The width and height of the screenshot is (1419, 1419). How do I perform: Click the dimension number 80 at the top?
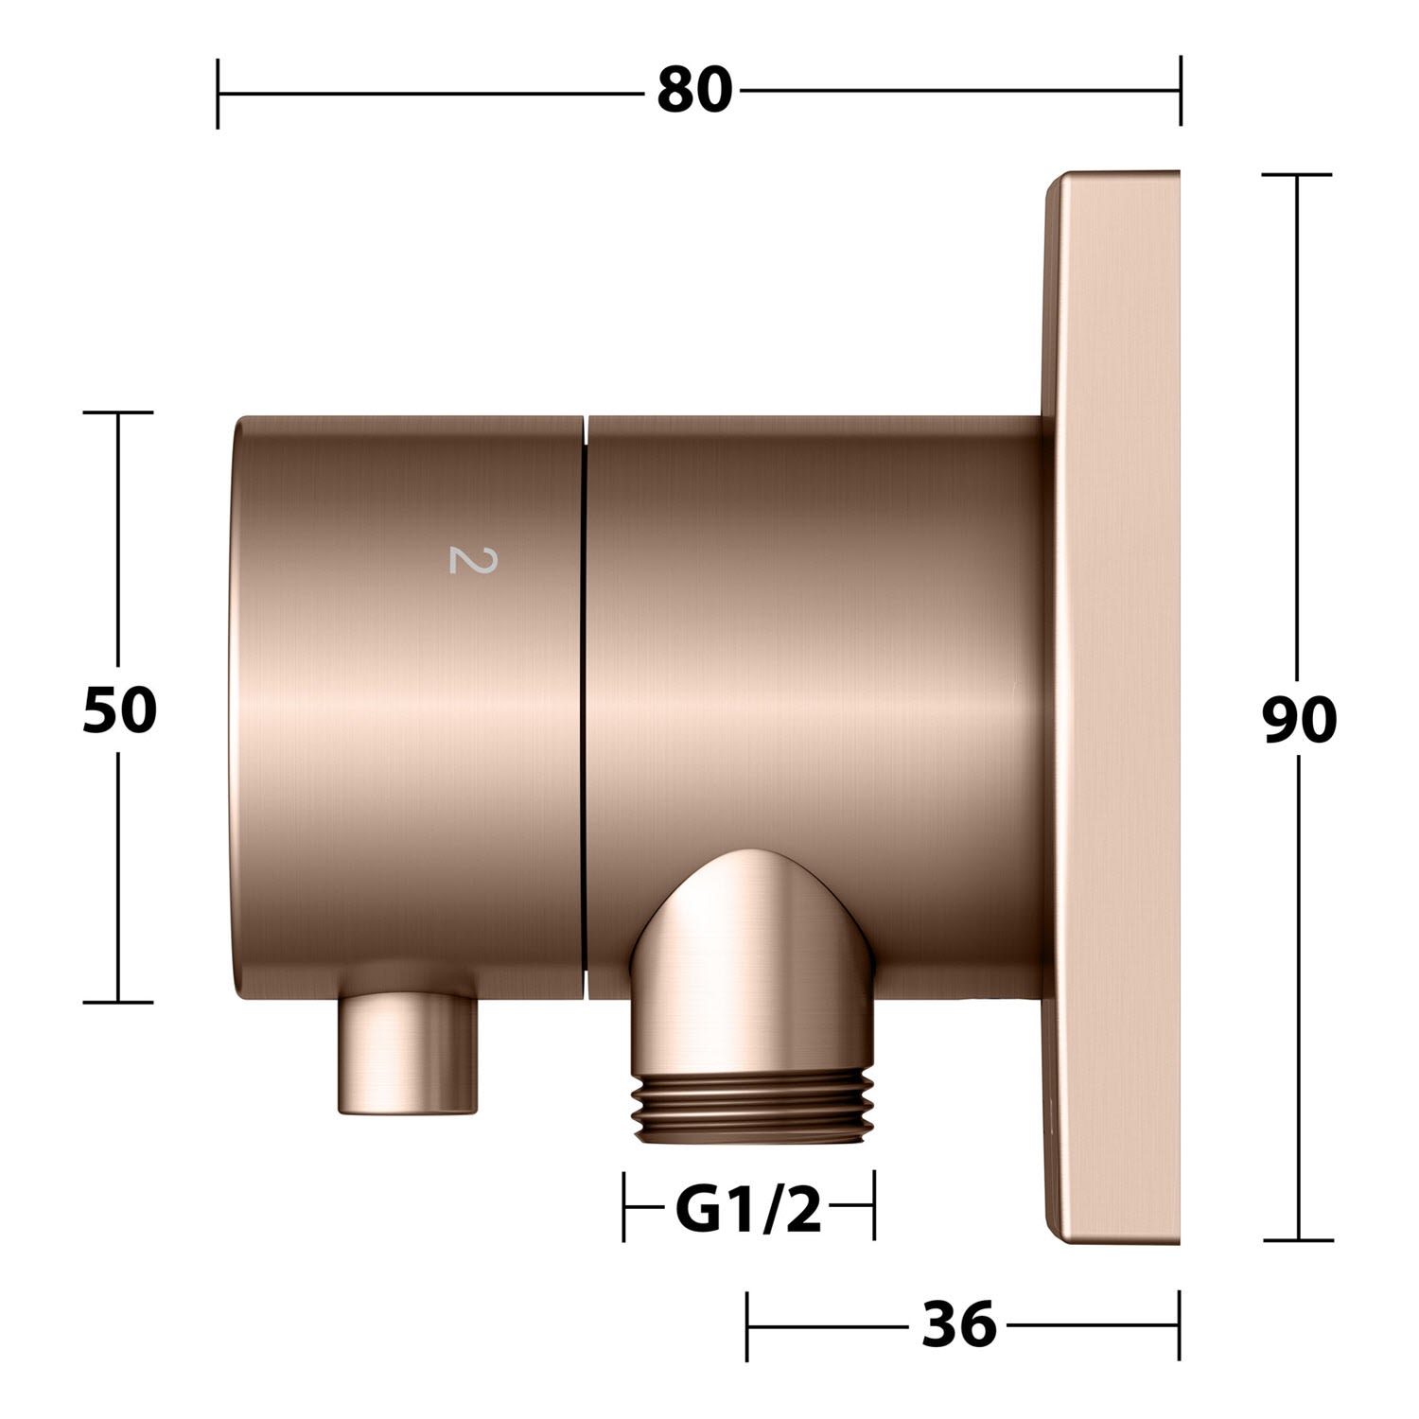click(695, 92)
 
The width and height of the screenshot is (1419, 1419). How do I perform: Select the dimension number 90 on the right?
click(1299, 721)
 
